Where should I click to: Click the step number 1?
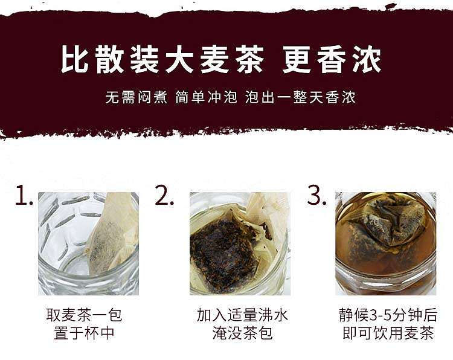point(24,195)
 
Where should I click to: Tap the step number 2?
point(164,195)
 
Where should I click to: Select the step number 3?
point(316,195)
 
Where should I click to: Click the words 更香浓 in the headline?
point(332,59)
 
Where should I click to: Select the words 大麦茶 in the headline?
point(214,59)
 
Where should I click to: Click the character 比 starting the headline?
point(74,59)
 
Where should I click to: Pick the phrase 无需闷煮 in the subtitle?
point(136,97)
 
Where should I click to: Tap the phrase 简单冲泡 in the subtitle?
point(207,97)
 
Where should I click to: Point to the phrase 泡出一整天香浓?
point(300,97)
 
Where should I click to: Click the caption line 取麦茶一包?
point(84,315)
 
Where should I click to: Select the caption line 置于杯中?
point(84,333)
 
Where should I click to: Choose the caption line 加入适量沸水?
point(242,315)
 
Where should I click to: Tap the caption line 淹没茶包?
point(242,333)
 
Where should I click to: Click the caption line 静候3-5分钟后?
point(388,315)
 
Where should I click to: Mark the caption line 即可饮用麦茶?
point(388,333)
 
